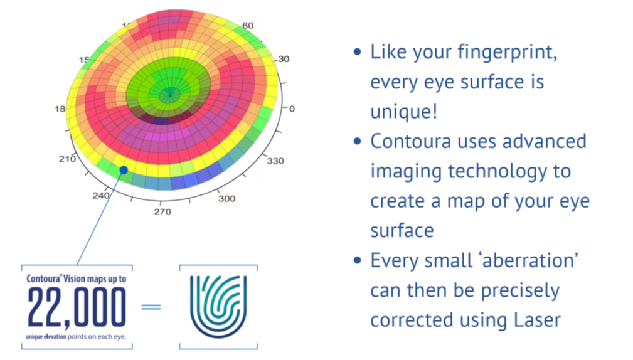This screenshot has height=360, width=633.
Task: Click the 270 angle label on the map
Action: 162,212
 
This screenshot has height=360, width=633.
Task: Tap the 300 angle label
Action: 227,198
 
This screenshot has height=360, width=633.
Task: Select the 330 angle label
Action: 275,161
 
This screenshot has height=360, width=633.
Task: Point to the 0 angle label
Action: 292,109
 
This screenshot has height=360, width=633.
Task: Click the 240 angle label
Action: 101,196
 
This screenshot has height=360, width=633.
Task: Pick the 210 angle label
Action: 67,159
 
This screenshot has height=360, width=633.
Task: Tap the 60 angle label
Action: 248,25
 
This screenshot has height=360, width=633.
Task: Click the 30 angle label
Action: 284,59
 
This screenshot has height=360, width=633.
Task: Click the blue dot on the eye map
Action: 124,170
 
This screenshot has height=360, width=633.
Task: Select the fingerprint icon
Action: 218,307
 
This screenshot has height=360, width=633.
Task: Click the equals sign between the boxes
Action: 151,307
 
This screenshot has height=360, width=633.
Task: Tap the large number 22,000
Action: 77,308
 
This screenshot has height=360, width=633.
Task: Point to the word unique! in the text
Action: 403,111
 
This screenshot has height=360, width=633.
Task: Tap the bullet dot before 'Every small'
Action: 358,260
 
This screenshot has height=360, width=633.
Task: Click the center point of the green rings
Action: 169,95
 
